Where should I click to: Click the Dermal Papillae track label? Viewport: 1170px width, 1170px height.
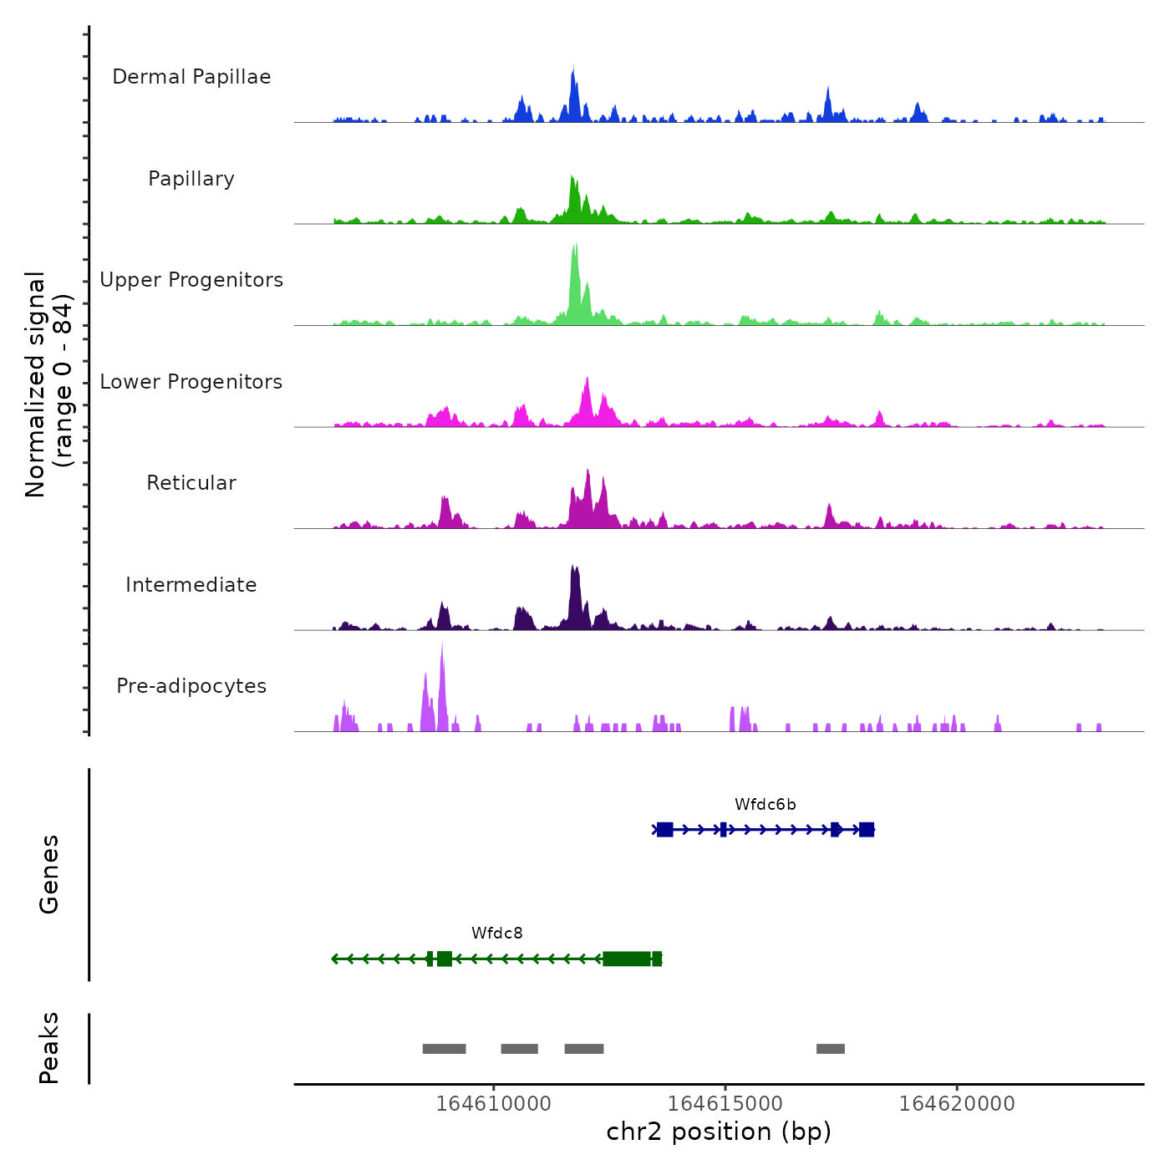pyautogui.click(x=191, y=77)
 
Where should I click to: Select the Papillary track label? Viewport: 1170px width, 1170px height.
pyautogui.click(x=191, y=179)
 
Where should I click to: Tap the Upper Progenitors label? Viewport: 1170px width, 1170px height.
pyautogui.click(x=191, y=280)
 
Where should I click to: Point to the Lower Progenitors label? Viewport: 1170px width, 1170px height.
pyautogui.click(x=191, y=382)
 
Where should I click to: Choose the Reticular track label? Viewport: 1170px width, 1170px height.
pyautogui.click(x=191, y=483)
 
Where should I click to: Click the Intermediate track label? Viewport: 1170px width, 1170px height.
pyautogui.click(x=191, y=585)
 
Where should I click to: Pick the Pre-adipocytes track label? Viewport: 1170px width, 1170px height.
pyautogui.click(x=191, y=686)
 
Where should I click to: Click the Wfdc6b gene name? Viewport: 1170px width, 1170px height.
pyautogui.click(x=765, y=805)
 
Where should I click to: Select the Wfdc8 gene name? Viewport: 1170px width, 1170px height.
pyautogui.click(x=497, y=933)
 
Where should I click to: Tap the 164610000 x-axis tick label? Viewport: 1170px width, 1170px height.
pyautogui.click(x=493, y=1104)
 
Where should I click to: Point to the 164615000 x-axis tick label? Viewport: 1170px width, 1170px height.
pyautogui.click(x=725, y=1104)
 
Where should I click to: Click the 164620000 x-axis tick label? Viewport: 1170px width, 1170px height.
pyautogui.click(x=957, y=1104)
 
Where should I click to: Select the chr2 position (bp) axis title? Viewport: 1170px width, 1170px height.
pyautogui.click(x=719, y=1132)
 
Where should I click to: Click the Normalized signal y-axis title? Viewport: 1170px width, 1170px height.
pyautogui.click(x=48, y=384)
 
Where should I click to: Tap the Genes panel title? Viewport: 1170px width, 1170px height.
pyautogui.click(x=49, y=874)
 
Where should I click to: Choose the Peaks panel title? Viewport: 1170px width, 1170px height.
pyautogui.click(x=49, y=1048)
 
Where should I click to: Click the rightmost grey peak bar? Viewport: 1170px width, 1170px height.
pyautogui.click(x=831, y=1049)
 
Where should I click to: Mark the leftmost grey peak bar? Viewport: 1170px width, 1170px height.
pyautogui.click(x=444, y=1049)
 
